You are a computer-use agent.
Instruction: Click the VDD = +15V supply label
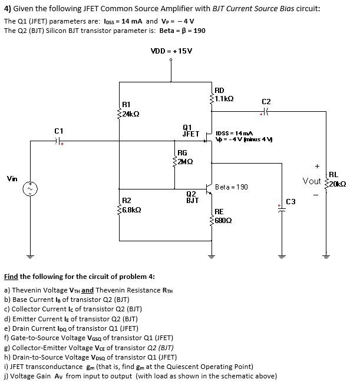[171, 51]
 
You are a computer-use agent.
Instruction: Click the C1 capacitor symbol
[58, 141]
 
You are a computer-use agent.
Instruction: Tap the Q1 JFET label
[191, 130]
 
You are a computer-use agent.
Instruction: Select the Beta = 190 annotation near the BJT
[232, 187]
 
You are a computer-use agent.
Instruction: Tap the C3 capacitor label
[290, 202]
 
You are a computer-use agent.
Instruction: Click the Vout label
[312, 181]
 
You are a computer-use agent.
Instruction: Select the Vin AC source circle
[31, 188]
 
